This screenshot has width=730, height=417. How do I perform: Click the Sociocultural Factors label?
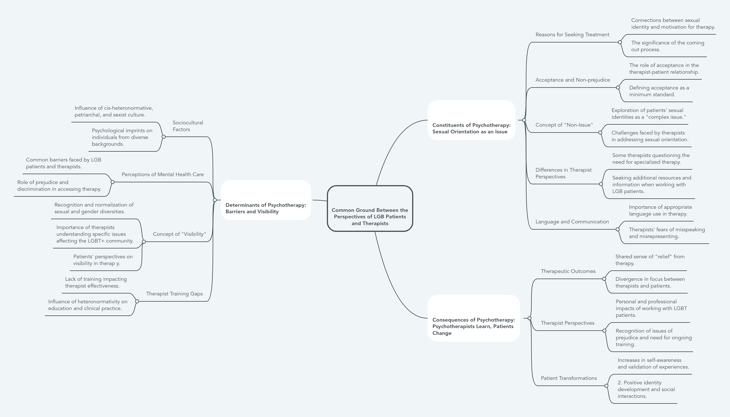tap(188, 126)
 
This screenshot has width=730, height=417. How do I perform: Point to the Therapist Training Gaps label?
tap(174, 293)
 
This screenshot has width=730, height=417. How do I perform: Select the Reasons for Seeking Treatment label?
tap(572, 35)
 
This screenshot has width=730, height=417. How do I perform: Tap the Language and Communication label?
tap(572, 222)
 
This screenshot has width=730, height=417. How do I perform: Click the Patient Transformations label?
tap(568, 378)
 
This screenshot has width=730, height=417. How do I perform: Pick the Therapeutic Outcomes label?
tap(568, 271)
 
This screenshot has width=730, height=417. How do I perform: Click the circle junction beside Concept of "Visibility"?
tap(144, 242)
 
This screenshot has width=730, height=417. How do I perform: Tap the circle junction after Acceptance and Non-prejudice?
tap(618, 88)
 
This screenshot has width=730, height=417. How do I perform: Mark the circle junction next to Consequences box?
tap(529, 318)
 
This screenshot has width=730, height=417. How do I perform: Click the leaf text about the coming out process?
tap(667, 46)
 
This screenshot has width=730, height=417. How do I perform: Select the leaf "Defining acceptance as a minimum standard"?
tap(659, 91)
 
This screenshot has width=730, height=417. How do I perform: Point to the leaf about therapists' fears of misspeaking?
tap(666, 233)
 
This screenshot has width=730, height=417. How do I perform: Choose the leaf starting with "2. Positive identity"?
tap(646, 389)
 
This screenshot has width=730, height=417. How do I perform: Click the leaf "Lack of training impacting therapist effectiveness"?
tap(96, 283)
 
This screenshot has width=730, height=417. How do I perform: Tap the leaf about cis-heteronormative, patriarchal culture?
tap(114, 111)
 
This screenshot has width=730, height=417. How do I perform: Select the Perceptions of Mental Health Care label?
tap(162, 174)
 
